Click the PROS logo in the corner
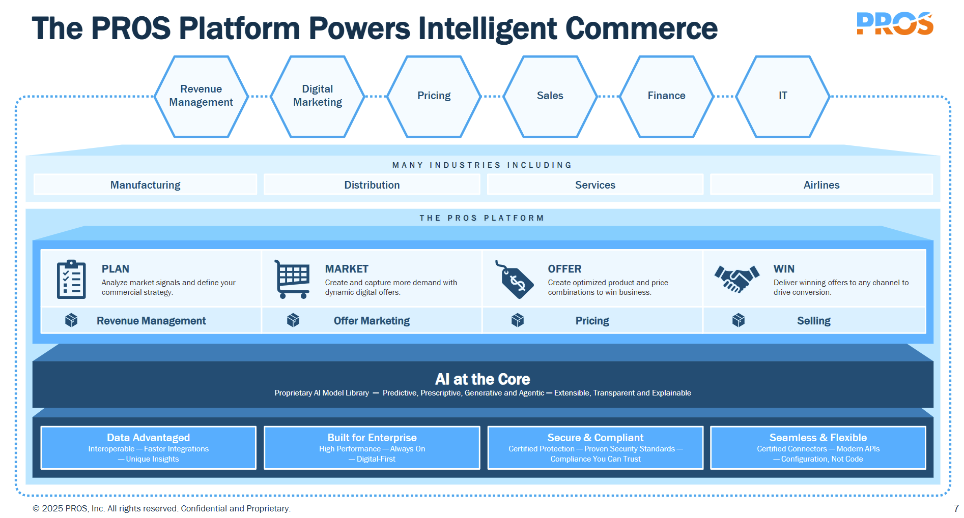point(894,24)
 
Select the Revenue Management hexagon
point(201,96)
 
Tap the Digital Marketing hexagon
point(318,96)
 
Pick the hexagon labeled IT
point(783,96)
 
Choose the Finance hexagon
point(666,96)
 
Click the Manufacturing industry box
point(145,185)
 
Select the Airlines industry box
point(821,185)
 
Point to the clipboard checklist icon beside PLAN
point(71,279)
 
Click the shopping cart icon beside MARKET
point(292,279)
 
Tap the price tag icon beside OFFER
point(514,279)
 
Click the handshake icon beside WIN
point(736,279)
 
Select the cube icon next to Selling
point(739,320)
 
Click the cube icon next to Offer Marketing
point(293,320)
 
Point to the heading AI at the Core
point(483,379)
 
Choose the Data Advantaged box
point(148,447)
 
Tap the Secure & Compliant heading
point(595,438)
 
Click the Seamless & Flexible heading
point(818,438)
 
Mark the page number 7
point(956,508)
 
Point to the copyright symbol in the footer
point(36,508)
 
